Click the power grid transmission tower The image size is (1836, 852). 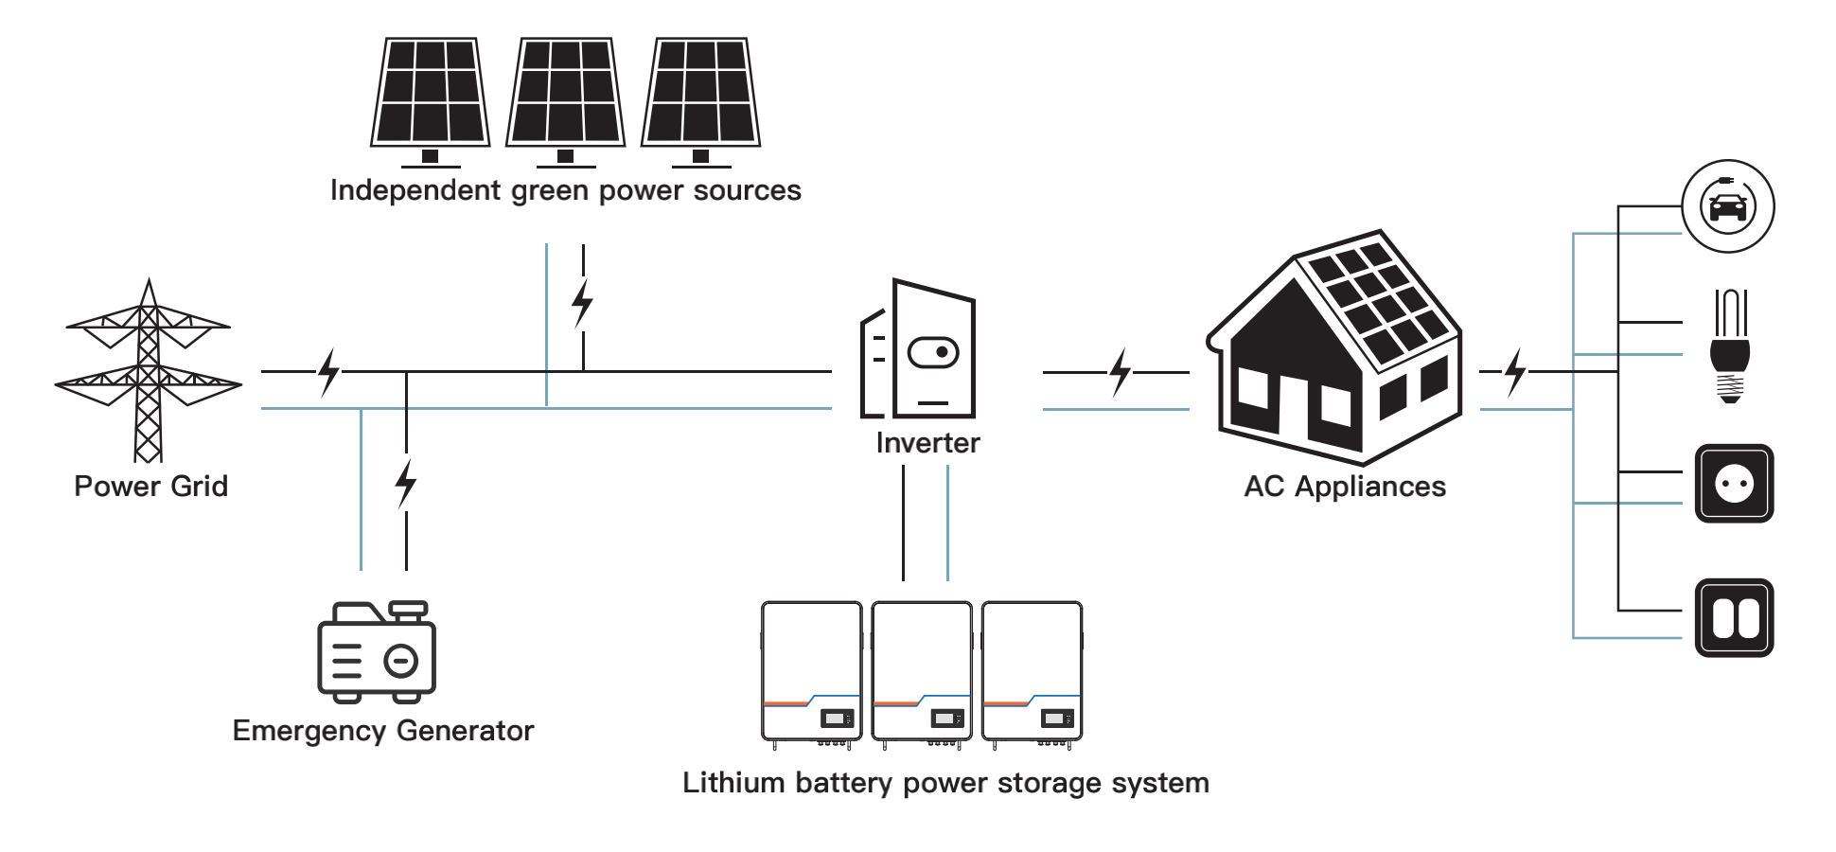[x=149, y=370]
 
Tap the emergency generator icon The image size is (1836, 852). [x=377, y=651]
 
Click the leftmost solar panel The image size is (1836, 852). [x=431, y=101]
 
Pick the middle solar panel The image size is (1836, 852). [x=566, y=101]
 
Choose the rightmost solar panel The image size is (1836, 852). [x=701, y=101]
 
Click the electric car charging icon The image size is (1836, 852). [x=1728, y=206]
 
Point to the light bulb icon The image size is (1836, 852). [x=1730, y=346]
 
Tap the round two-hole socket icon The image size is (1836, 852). [x=1734, y=484]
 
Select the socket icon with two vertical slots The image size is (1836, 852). [x=1734, y=618]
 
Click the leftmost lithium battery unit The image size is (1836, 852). [x=812, y=675]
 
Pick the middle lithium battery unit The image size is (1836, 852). [x=922, y=675]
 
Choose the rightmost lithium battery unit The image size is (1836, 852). [x=1033, y=675]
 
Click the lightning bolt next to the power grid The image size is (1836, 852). [x=328, y=371]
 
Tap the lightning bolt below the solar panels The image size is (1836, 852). [x=583, y=304]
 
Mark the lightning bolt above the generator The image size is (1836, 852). [x=406, y=484]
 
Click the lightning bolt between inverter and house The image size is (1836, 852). [x=1121, y=372]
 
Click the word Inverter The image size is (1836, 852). [x=927, y=443]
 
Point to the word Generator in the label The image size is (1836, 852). [x=465, y=731]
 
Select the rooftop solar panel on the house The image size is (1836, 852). [x=1377, y=299]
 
